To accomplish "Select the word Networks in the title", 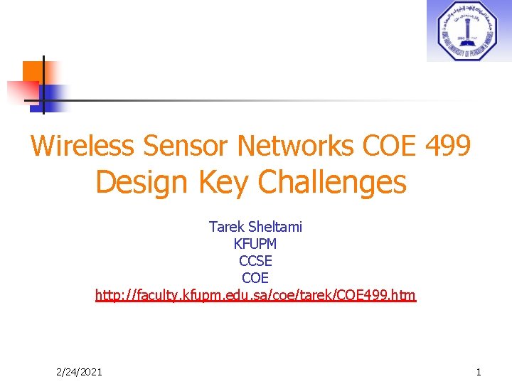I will (295, 146).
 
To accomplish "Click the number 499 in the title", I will (447, 146).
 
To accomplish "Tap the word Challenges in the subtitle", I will (332, 183).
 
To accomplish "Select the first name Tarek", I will (227, 227).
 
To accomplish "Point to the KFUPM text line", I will (255, 244).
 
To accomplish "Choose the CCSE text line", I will (255, 261).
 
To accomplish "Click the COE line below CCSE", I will (255, 278).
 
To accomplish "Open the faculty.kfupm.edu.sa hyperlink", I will (255, 294).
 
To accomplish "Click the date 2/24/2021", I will (78, 372).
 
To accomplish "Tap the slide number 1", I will (479, 372).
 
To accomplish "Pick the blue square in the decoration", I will (53, 96).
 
